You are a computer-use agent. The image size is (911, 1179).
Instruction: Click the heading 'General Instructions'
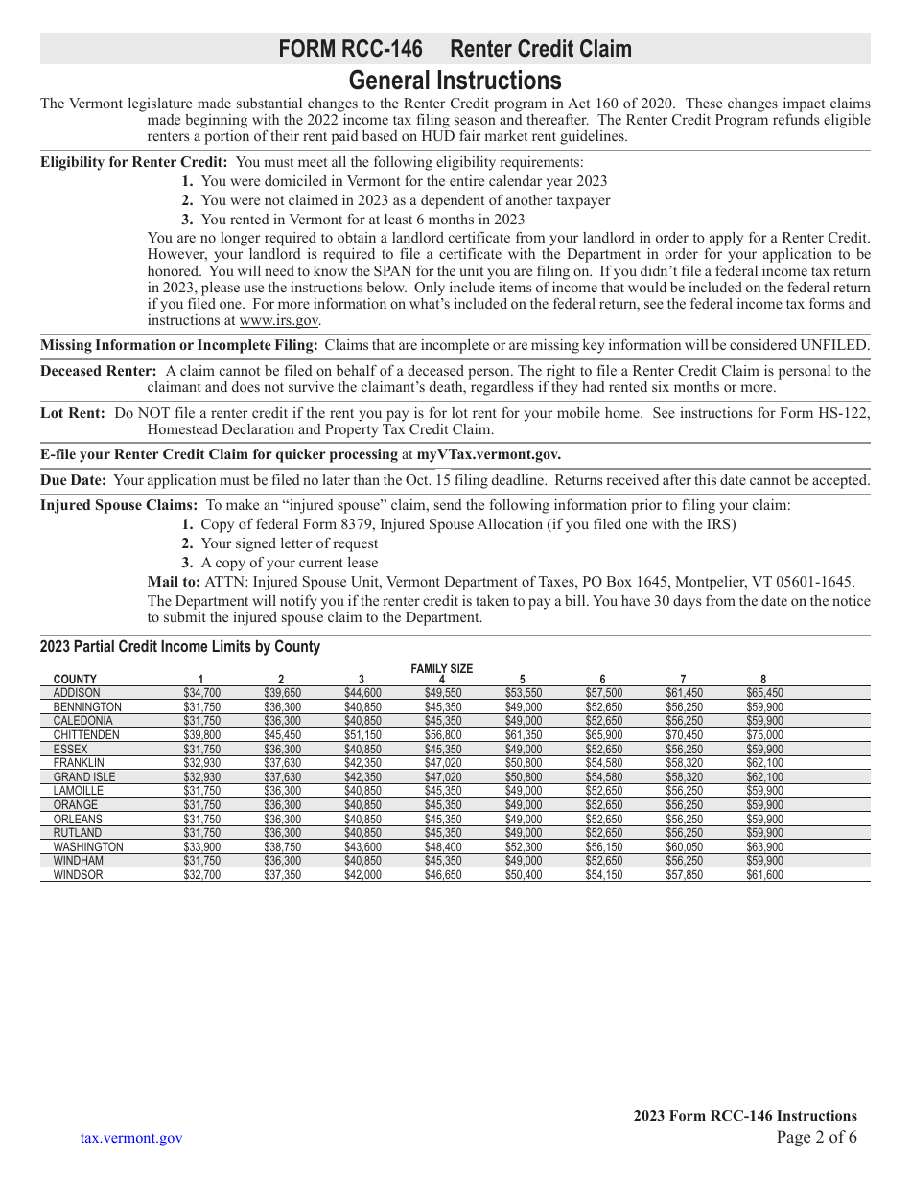pos(455,80)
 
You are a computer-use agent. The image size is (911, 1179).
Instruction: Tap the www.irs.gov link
pos(279,321)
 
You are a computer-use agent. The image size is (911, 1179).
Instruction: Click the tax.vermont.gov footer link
pos(131,1138)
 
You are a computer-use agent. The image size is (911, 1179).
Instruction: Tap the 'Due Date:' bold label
pos(74,480)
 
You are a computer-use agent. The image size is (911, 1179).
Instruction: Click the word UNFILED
pos(834,345)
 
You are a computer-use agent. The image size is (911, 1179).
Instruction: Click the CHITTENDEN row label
pos(86,735)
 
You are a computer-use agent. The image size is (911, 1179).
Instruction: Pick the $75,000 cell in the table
pos(763,735)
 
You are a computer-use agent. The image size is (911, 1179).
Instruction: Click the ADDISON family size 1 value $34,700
pos(201,693)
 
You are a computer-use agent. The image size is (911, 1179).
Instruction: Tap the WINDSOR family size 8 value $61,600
pos(763,875)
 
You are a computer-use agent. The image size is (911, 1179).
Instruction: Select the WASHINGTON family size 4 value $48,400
pos(442,847)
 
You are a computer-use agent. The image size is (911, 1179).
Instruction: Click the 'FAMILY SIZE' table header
pos(442,669)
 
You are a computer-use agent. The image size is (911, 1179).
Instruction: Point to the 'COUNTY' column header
pos(75,680)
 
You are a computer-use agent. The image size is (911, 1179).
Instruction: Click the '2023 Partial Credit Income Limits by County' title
pos(180,647)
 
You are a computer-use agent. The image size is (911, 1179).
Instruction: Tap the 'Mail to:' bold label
pos(174,582)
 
